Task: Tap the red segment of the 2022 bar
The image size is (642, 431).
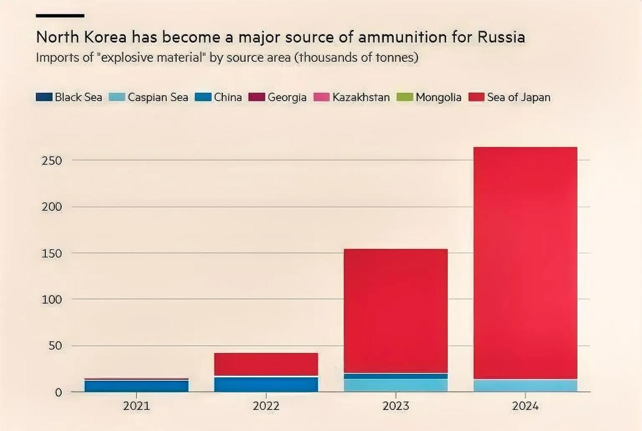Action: click(266, 364)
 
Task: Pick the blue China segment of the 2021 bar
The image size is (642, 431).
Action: click(136, 386)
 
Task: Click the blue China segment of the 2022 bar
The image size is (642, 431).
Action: click(266, 384)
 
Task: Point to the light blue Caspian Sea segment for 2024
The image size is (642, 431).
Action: click(525, 385)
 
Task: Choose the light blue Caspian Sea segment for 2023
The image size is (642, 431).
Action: click(396, 385)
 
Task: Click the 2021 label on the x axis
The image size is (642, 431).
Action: click(136, 406)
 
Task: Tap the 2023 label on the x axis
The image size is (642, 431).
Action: click(396, 406)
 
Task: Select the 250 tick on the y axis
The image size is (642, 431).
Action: click(52, 161)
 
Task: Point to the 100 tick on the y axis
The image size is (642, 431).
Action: click(52, 300)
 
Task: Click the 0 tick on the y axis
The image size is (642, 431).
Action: click(58, 392)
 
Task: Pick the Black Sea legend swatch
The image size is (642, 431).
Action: click(44, 97)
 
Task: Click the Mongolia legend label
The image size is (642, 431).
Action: click(438, 97)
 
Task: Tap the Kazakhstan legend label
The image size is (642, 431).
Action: click(361, 97)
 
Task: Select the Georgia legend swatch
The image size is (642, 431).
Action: click(257, 97)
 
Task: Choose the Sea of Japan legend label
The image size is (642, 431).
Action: click(519, 97)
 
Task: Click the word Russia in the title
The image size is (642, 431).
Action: click(501, 38)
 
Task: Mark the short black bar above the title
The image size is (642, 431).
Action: click(60, 16)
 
